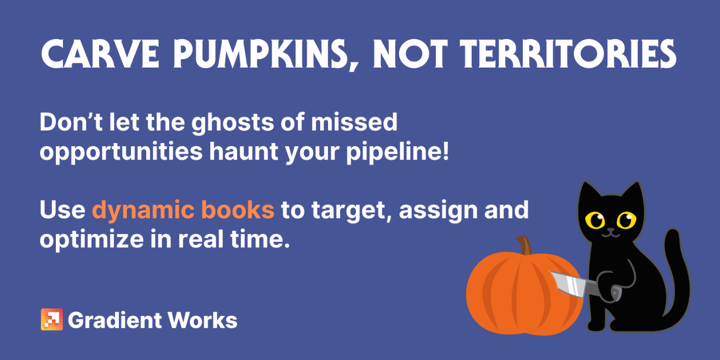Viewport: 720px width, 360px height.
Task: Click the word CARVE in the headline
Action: click(101, 53)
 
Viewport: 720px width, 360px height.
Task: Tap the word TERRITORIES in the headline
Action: click(568, 53)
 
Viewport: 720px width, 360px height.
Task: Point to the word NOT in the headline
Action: click(410, 53)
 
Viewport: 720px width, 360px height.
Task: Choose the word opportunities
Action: click(121, 152)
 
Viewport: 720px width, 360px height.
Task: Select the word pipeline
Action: click(394, 151)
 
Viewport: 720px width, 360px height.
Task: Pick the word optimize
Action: click(91, 240)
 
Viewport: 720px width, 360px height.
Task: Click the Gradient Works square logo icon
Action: click(52, 319)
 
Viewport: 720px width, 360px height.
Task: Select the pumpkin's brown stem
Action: click(524, 245)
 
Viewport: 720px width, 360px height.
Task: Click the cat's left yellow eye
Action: click(595, 220)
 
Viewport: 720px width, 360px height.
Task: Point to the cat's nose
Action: click(610, 230)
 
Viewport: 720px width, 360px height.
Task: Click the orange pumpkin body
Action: click(524, 294)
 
